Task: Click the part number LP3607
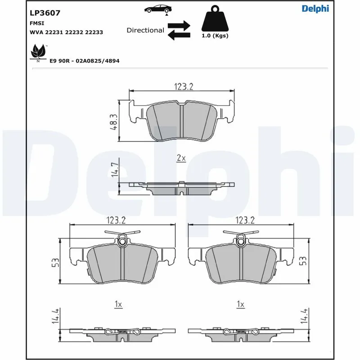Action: click(x=45, y=13)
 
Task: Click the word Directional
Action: click(x=145, y=30)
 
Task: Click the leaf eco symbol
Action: click(x=37, y=53)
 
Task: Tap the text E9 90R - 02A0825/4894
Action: click(x=84, y=60)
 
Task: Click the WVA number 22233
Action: click(x=94, y=32)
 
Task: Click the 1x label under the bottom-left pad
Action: click(x=118, y=305)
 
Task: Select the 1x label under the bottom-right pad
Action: click(x=241, y=305)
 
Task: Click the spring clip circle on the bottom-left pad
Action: click(x=122, y=242)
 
